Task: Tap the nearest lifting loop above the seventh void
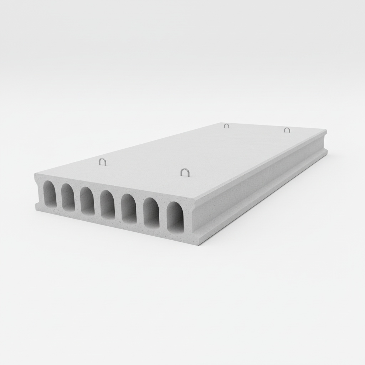coord(185,172)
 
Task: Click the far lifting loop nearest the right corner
coord(287,130)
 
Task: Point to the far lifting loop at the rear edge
coord(226,125)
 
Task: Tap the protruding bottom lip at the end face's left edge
coord(37,206)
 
